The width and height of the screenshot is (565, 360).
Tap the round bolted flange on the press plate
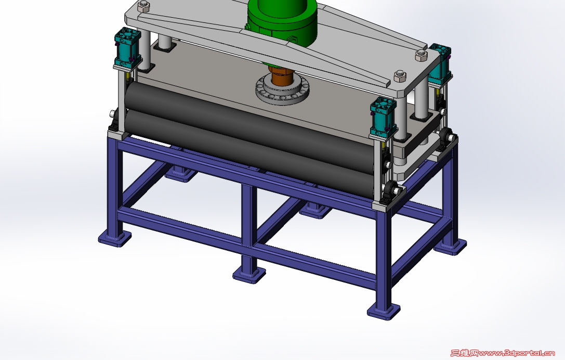pos(283,90)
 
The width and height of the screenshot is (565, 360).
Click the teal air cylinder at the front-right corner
pos(384,117)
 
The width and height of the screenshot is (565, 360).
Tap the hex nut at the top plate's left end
pos(144,5)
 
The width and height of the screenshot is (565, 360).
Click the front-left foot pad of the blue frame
pos(114,238)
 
